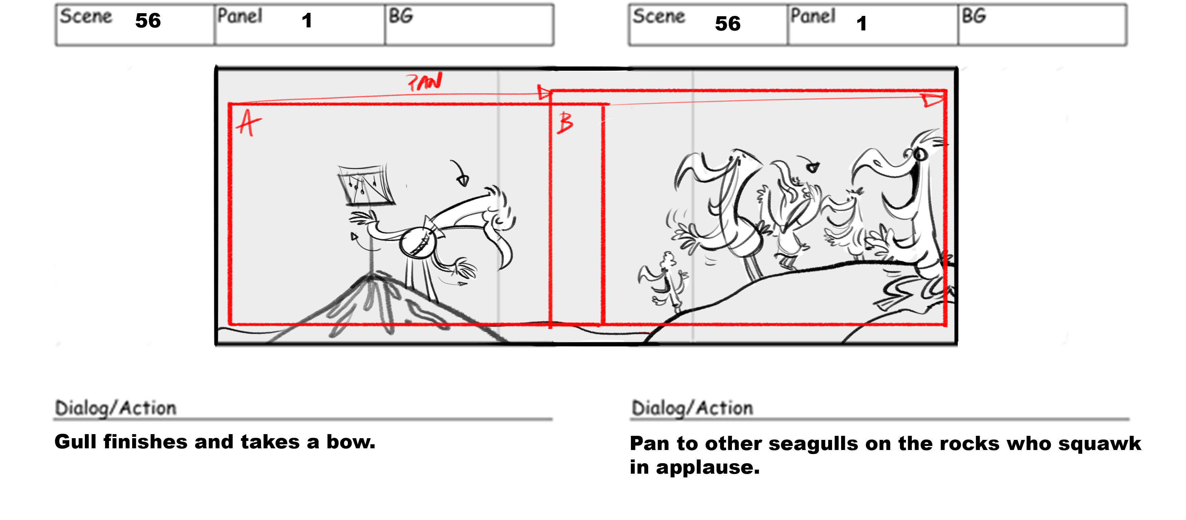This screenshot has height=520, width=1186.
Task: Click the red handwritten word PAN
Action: [424, 81]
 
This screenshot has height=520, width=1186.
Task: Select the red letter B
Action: [565, 123]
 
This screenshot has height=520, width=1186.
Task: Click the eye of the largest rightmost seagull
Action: [919, 154]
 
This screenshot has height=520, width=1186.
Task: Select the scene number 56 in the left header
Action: [148, 21]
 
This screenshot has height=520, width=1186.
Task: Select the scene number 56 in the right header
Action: [728, 23]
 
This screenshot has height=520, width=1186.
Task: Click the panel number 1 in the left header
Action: [307, 21]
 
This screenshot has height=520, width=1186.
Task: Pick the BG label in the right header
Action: [974, 16]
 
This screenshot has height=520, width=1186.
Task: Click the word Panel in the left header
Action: [240, 16]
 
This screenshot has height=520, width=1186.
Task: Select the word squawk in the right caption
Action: [1099, 444]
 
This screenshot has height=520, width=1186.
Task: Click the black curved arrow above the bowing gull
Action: [460, 173]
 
